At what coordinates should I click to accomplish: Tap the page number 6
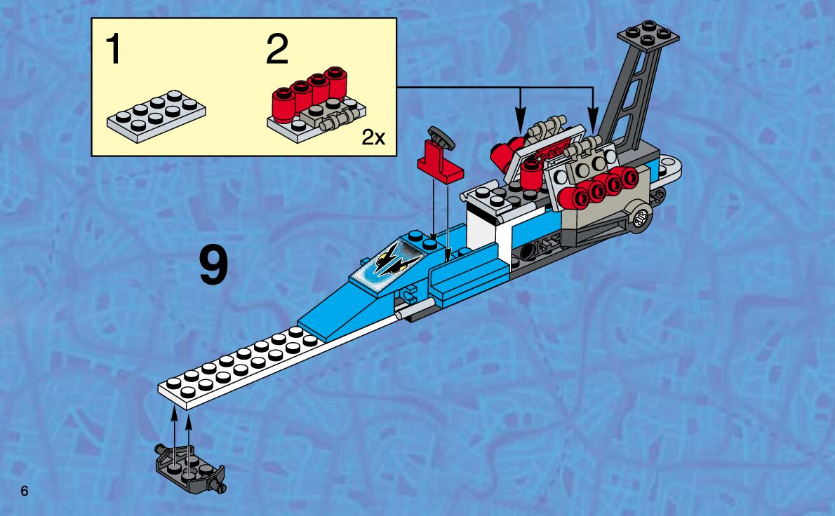tap(25, 491)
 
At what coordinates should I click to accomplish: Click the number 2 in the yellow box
tap(277, 50)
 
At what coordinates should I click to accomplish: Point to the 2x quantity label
tap(373, 137)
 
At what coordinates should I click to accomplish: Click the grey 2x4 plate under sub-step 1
tap(156, 116)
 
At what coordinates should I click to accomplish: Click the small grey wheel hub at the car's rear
tap(640, 219)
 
